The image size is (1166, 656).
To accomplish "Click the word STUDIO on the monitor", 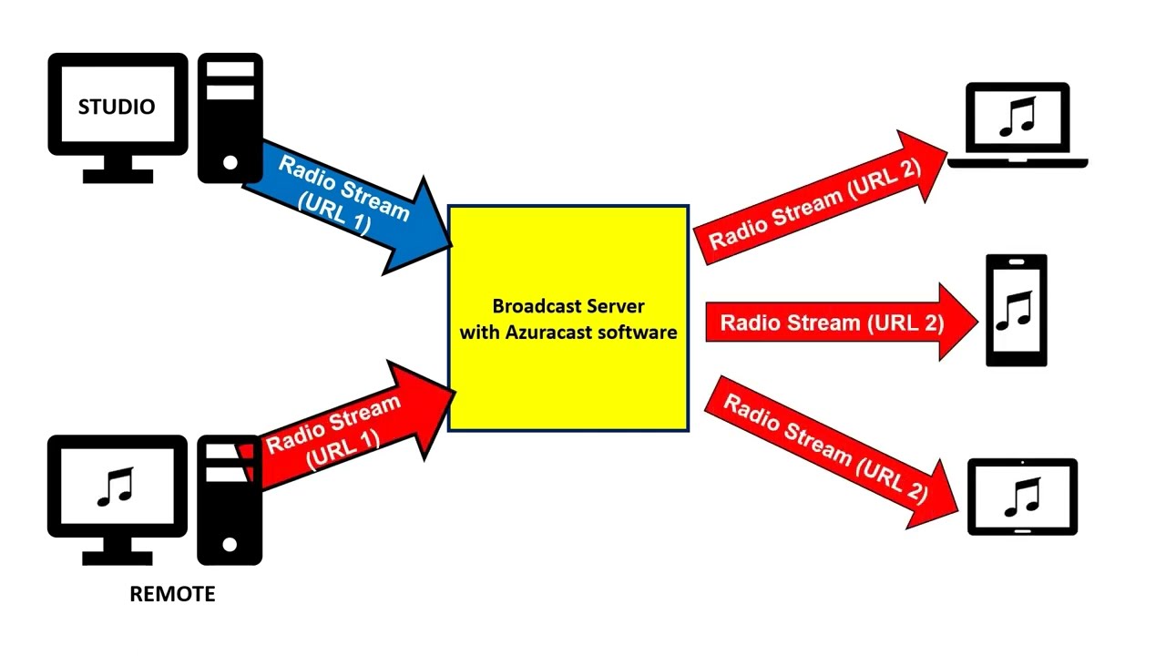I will click(x=117, y=107).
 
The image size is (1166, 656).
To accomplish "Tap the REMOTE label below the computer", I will click(x=172, y=594).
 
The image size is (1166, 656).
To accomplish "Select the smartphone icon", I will click(x=1017, y=311).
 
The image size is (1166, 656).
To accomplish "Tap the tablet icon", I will click(x=1022, y=497).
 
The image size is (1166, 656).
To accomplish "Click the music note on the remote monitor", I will click(x=116, y=487).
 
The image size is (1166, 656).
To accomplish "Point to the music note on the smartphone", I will click(x=1013, y=311).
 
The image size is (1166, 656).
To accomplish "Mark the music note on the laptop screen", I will click(x=1018, y=118).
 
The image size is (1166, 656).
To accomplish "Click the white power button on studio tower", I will click(x=230, y=163).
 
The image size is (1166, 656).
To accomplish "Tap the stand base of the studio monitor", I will click(x=118, y=176).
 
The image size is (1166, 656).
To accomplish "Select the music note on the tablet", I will click(x=1021, y=497).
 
